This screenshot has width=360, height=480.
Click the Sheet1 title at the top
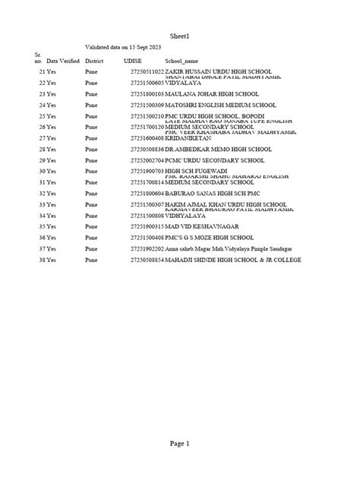pyautogui.click(x=179, y=36)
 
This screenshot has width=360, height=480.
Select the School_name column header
pyautogui.click(x=182, y=60)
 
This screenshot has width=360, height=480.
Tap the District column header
pyautogui.click(x=94, y=60)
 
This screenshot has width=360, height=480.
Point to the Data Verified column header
pyautogui.click(x=62, y=60)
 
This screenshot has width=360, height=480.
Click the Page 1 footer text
pyautogui.click(x=179, y=443)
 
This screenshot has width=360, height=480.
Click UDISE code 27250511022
pyautogui.click(x=147, y=71)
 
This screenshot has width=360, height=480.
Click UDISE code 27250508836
pyautogui.click(x=147, y=150)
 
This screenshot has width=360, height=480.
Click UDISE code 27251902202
pyautogui.click(x=147, y=249)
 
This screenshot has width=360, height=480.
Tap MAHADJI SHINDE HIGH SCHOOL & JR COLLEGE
pyautogui.click(x=233, y=261)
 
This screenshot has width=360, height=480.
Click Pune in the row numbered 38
pyautogui.click(x=91, y=261)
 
